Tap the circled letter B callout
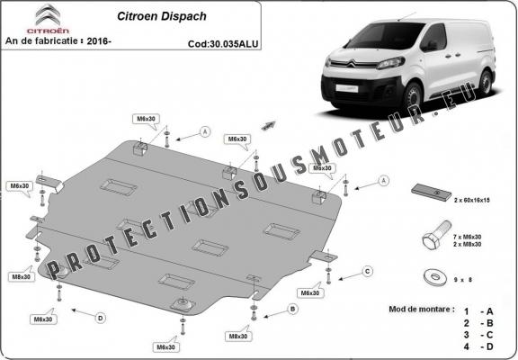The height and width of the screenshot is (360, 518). [292, 309]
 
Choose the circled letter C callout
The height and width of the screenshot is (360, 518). [367, 271]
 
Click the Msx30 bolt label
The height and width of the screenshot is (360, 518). [320, 168]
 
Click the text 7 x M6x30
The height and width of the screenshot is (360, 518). [471, 236]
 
